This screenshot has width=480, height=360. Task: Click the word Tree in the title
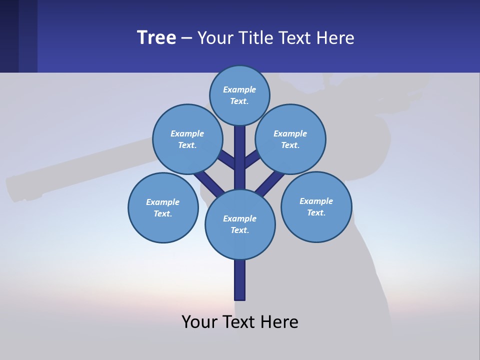pyautogui.click(x=156, y=38)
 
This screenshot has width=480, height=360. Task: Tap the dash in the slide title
pyautogui.click(x=186, y=38)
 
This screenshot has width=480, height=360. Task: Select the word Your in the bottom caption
pyautogui.click(x=200, y=322)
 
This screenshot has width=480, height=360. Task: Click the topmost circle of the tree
pyautogui.click(x=239, y=95)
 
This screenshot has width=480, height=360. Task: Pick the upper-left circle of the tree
pyautogui.click(x=187, y=139)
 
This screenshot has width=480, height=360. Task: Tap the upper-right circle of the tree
pyautogui.click(x=290, y=139)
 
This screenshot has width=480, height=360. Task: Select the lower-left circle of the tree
pyautogui.click(x=163, y=207)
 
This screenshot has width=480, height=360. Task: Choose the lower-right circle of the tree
pyautogui.click(x=316, y=206)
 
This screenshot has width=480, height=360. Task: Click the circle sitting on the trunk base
pyautogui.click(x=240, y=224)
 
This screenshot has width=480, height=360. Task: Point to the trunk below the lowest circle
pyautogui.click(x=240, y=280)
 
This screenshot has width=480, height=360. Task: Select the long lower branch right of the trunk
pyautogui.click(x=270, y=182)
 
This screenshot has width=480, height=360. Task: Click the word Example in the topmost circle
pyautogui.click(x=239, y=89)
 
